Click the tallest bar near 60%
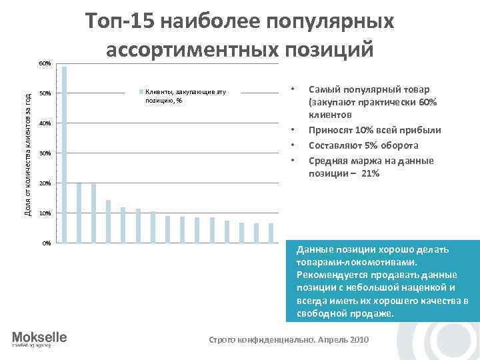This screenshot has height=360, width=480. [x=64, y=153]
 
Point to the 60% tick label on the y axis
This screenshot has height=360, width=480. [x=45, y=63]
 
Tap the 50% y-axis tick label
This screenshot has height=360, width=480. [x=45, y=93]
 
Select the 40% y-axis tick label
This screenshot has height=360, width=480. [x=45, y=123]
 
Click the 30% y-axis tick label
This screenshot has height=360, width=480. [x=45, y=153]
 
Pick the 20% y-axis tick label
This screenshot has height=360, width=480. [x=45, y=183]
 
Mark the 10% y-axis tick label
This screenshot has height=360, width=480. [x=45, y=213]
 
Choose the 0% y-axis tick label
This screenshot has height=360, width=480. [x=46, y=243]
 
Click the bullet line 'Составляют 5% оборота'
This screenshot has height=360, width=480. [x=363, y=145]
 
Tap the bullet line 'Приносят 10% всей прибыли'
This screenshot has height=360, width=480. [x=375, y=131]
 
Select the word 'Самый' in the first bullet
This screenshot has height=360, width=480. [x=323, y=90]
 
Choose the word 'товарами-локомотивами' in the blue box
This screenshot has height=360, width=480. [x=353, y=262]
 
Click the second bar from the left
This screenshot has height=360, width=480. [x=79, y=212]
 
